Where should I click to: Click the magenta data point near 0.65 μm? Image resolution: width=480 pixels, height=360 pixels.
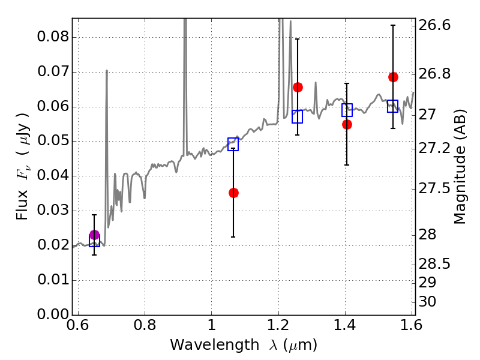tap(94, 235)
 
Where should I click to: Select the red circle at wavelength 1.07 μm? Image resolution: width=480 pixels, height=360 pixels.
tap(233, 193)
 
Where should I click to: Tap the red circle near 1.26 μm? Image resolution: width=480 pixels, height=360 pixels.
tap(298, 87)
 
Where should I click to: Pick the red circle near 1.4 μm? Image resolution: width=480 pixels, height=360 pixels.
tap(347, 125)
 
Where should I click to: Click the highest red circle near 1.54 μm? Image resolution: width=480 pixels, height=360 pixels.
tap(394, 77)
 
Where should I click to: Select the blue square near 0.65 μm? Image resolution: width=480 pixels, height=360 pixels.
tap(94, 241)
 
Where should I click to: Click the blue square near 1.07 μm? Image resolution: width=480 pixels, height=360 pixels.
tap(233, 144)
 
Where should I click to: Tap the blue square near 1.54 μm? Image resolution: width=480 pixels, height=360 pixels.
tap(393, 106)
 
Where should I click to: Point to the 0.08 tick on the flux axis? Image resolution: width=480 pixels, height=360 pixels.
tap(53, 37)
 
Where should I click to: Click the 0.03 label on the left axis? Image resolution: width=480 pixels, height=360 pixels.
tap(53, 211)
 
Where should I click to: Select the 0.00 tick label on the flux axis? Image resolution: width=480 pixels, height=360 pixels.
tap(53, 314)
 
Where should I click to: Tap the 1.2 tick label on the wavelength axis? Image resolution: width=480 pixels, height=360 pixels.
tap(278, 325)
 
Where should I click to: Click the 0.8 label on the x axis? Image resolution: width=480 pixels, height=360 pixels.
tap(145, 325)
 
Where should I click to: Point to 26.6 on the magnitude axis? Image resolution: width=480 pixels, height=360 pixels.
tap(434, 25)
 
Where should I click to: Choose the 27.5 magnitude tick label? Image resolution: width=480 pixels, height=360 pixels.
tap(434, 188)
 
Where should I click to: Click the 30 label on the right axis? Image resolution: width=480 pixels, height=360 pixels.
tap(427, 302)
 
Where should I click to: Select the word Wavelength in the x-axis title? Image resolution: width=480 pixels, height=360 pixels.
tap(215, 345)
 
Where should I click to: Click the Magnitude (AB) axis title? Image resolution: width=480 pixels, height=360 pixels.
tap(460, 167)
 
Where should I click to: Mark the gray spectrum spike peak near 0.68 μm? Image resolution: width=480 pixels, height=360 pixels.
tap(107, 70)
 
